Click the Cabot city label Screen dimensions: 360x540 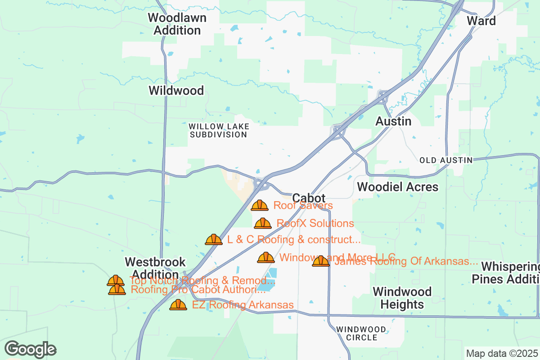pyautogui.click(x=308, y=198)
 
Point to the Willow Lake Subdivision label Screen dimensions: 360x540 pyautogui.click(x=218, y=130)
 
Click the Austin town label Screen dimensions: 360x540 pyautogui.click(x=393, y=121)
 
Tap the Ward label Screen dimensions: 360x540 pyautogui.click(x=481, y=21)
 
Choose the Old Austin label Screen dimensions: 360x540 pyautogui.click(x=445, y=160)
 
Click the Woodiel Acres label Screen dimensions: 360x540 pyautogui.click(x=397, y=187)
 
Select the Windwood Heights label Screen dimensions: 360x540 pyautogui.click(x=402, y=298)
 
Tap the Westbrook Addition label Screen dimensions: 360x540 pyautogui.click(x=155, y=268)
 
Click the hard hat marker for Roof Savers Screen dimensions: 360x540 pyautogui.click(x=260, y=206)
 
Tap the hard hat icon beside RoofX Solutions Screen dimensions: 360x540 pyautogui.click(x=263, y=223)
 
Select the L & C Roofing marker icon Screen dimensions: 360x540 pyautogui.click(x=214, y=239)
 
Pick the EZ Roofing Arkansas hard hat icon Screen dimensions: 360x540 pyautogui.click(x=178, y=305)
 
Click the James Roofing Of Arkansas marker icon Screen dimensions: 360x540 pyautogui.click(x=321, y=261)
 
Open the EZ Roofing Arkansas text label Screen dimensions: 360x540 pyautogui.click(x=243, y=305)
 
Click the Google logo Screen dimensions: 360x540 pyautogui.click(x=31, y=349)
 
